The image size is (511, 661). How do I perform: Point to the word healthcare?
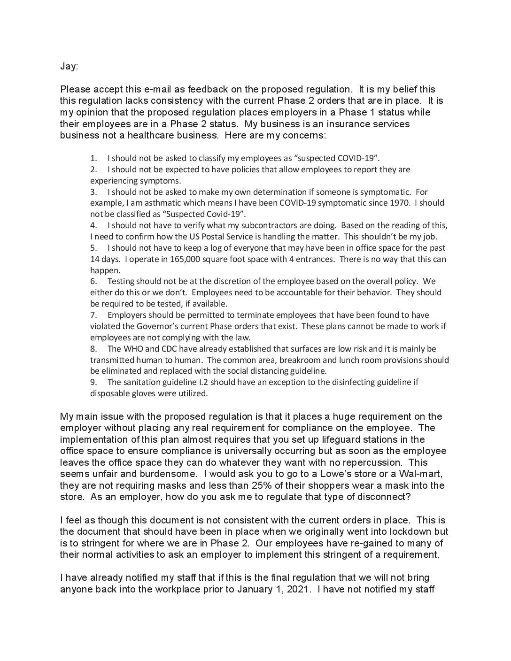pos(143,135)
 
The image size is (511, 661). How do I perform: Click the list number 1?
pos(93,158)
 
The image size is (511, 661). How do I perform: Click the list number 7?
pos(93,315)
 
